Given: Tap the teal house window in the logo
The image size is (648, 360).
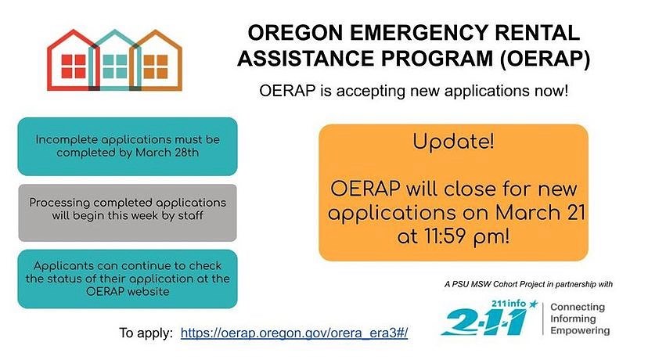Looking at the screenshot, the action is tap(115, 67).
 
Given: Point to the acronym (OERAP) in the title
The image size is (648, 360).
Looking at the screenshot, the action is tap(544, 59).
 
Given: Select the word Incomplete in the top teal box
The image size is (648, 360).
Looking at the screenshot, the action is tap(66, 140).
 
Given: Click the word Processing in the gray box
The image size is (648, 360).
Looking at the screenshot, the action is tap(59, 203).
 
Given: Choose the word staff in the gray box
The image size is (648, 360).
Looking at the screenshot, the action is tap(190, 215).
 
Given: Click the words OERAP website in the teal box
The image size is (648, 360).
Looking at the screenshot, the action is tap(128, 291).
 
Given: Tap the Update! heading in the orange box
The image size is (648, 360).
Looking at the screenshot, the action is tap(453, 142).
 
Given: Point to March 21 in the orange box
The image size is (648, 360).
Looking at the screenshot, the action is tap(540, 212).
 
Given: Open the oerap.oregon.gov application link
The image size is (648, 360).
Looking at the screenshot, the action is tap(294, 333).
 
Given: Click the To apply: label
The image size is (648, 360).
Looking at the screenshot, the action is tap(146, 333).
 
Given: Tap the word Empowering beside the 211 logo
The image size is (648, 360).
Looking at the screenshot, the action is tap(580, 331).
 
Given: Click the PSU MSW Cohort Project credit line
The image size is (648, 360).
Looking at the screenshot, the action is tap(528, 284).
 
